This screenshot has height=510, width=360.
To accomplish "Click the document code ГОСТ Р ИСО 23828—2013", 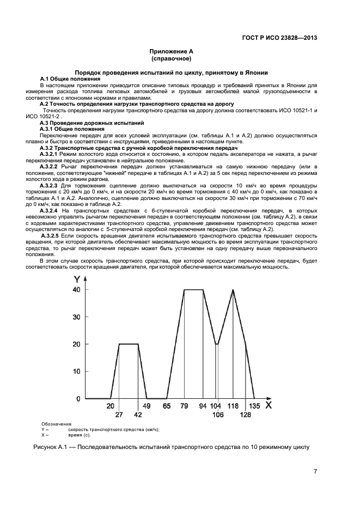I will click(x=279, y=38).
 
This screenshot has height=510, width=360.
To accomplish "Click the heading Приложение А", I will click(x=172, y=51).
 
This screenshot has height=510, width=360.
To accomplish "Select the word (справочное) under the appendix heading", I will click(x=172, y=58).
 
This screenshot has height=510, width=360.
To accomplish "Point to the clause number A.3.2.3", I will click(x=52, y=185).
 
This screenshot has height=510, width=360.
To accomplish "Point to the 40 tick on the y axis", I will click(x=76, y=290).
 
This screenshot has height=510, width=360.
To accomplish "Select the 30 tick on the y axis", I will click(x=76, y=317).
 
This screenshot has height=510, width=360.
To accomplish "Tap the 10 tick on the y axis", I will click(x=76, y=372).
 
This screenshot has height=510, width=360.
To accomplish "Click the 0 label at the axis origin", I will click(x=78, y=399).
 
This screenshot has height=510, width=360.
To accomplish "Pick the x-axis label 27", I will click(x=119, y=415).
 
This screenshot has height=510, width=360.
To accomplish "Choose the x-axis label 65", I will click(x=166, y=406).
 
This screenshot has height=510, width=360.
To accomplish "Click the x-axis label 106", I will click(x=218, y=415).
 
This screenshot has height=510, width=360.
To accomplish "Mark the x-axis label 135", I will click(x=254, y=406).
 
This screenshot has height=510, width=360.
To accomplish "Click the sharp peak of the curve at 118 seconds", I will click(x=233, y=290).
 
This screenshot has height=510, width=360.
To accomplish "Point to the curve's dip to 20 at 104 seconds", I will click(x=216, y=344).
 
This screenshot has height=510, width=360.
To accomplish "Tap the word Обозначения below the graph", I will click(x=56, y=424).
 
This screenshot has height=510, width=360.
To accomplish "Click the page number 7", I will click(x=315, y=472).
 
